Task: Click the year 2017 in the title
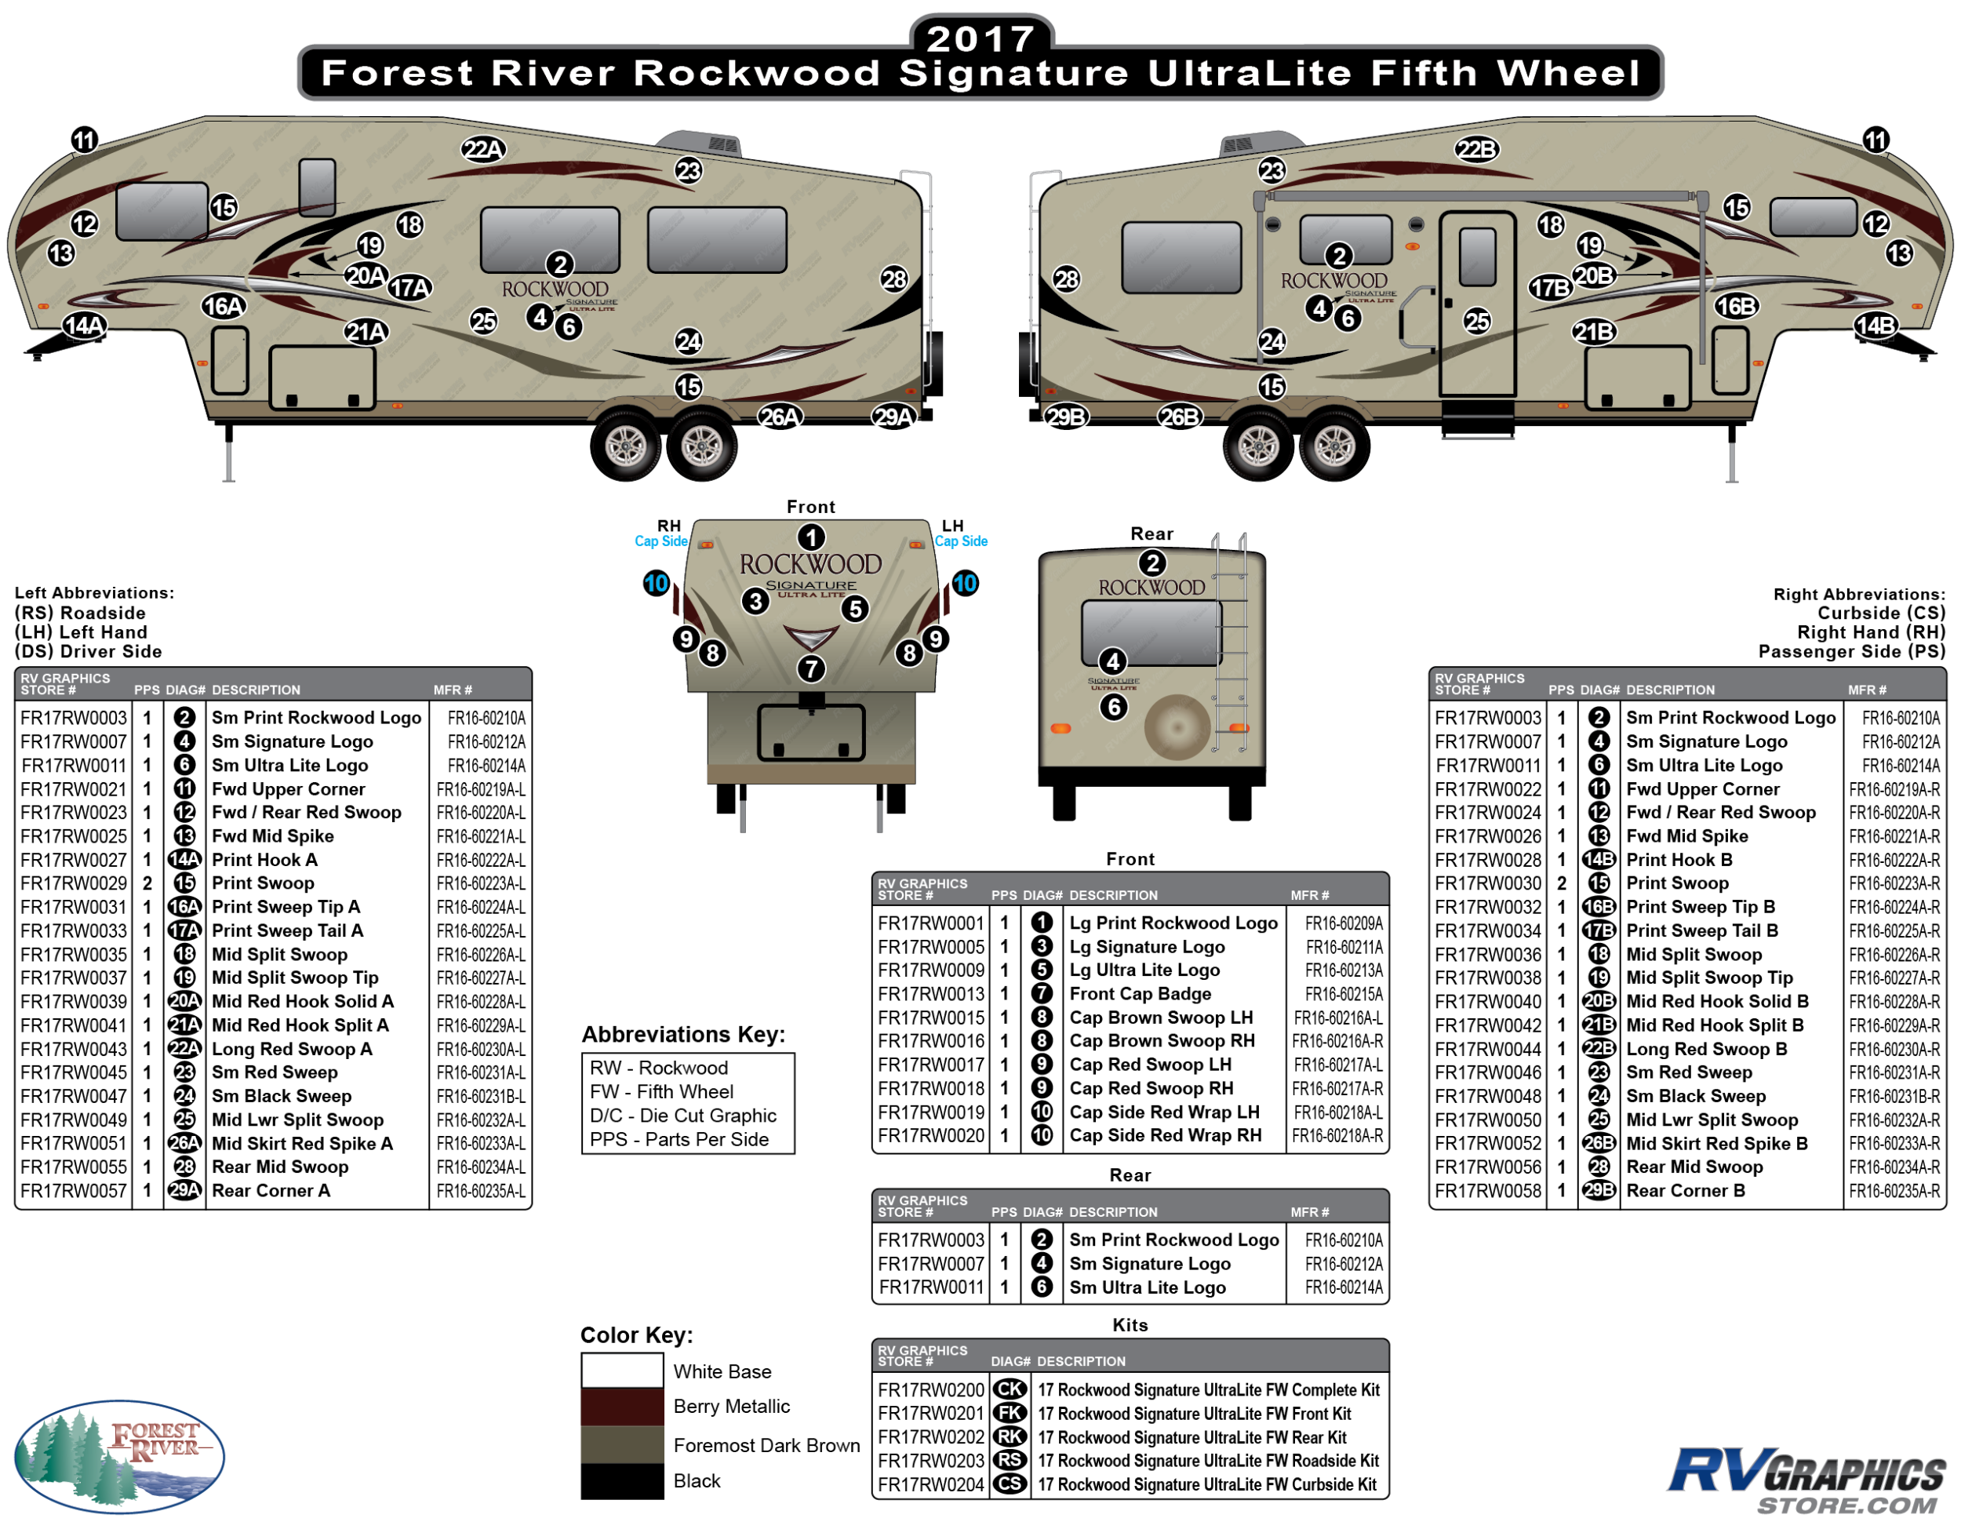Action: point(980,38)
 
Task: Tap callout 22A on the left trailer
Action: point(483,149)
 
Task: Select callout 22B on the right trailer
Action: point(1476,149)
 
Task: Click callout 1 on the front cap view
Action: point(811,538)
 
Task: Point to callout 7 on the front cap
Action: point(811,669)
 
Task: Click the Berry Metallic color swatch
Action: point(621,1407)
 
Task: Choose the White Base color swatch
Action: point(621,1370)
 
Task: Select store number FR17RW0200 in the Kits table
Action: point(930,1390)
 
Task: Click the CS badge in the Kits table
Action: point(1010,1484)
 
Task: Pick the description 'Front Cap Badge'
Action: point(1140,994)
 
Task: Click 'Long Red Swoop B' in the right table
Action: point(1706,1049)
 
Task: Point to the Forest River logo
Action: point(119,1456)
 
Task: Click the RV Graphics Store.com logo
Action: point(1806,1480)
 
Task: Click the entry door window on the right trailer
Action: point(1477,256)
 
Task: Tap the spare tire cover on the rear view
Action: point(1178,726)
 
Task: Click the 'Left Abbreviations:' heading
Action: point(94,593)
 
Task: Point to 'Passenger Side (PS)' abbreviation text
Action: point(1851,652)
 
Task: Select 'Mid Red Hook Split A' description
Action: point(300,1025)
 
